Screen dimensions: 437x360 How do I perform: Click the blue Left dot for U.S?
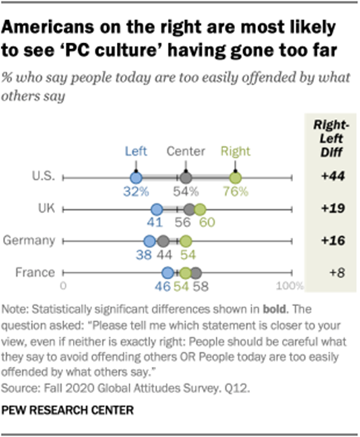point(135,179)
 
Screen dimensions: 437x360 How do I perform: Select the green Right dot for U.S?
point(235,179)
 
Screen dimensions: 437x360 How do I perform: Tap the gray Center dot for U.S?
point(186,179)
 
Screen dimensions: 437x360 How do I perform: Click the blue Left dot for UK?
point(156,211)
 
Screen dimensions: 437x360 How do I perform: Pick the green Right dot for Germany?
point(186,241)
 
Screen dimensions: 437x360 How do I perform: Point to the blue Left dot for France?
point(167,272)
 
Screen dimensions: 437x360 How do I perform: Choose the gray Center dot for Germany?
point(162,241)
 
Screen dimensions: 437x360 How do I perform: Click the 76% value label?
point(236,192)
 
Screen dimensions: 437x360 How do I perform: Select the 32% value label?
point(136,192)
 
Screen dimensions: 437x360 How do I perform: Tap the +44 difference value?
point(327,179)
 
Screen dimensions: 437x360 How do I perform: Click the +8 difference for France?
point(327,272)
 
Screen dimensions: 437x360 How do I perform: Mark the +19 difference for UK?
point(327,211)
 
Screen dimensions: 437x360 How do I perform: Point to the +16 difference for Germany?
point(327,241)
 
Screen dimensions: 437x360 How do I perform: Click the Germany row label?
point(30,241)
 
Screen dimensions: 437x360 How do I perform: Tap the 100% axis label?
point(286,286)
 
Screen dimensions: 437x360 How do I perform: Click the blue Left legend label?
point(135,150)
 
